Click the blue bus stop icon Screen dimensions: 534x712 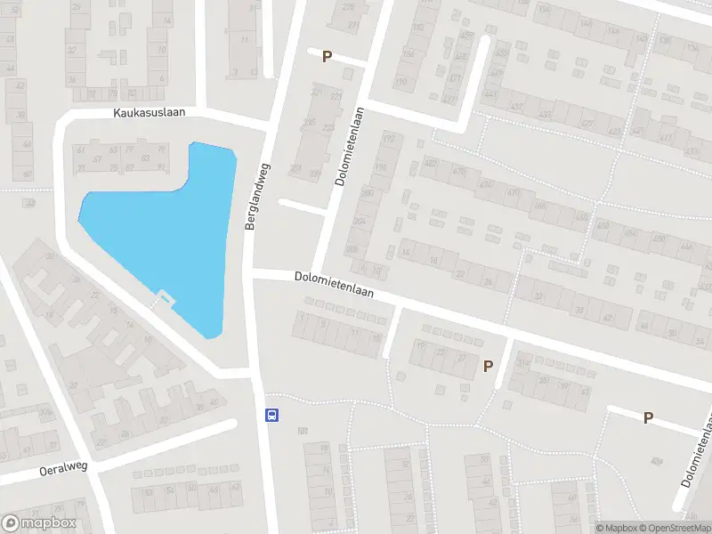click(x=272, y=415)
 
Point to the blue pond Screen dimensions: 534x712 click(x=169, y=231)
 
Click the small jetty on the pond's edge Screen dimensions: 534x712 click(x=165, y=296)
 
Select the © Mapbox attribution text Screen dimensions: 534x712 click(x=614, y=528)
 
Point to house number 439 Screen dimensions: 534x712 click(x=657, y=460)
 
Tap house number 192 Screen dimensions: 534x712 click(x=387, y=140)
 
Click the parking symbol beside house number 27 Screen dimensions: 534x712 click(x=487, y=366)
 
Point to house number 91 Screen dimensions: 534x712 click(x=160, y=166)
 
